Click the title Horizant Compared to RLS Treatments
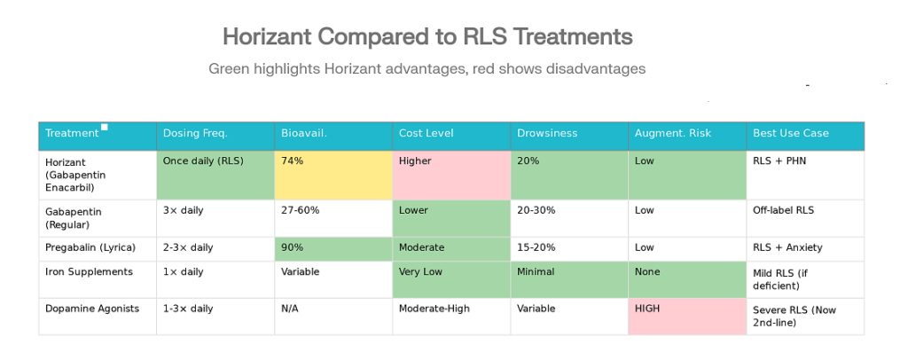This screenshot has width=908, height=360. point(427,37)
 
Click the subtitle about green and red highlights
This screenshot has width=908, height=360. point(427,68)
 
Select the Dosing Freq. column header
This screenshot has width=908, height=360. point(215,134)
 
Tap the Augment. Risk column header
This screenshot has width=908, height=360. point(687,134)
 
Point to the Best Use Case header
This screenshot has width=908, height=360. point(805,134)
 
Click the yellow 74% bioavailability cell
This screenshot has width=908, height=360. point(333,175)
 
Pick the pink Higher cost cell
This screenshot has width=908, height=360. point(451,175)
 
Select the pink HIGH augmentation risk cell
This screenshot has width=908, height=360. point(687,317)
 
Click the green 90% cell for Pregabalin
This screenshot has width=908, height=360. point(333,248)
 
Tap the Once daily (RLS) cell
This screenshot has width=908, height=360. point(215,175)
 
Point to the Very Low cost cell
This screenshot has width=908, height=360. point(451,279)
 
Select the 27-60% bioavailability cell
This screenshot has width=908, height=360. point(333,218)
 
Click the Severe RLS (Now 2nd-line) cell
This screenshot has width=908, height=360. point(805,317)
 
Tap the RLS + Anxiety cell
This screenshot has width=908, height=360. point(805,248)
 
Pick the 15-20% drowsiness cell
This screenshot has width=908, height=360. point(569,248)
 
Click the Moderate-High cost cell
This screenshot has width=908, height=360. point(451,317)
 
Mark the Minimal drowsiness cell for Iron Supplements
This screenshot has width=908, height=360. point(569,279)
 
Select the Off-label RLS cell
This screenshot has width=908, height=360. point(805,218)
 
